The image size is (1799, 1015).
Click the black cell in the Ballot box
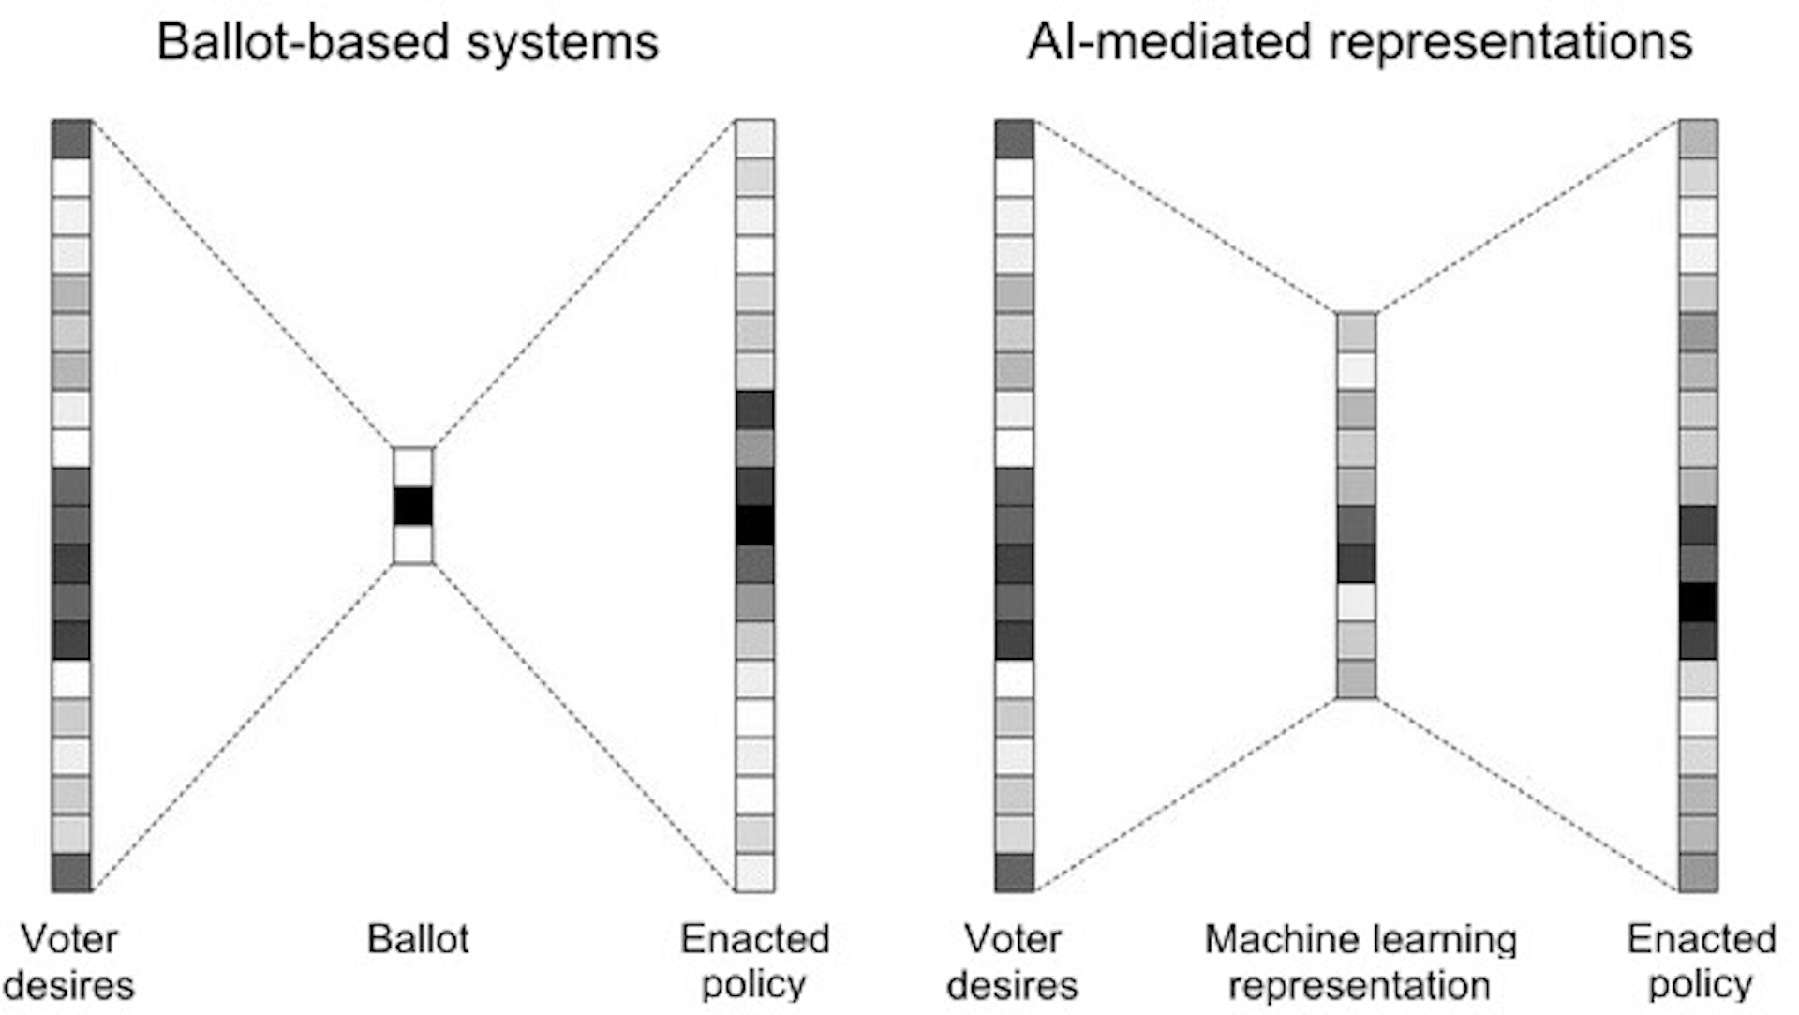click(413, 506)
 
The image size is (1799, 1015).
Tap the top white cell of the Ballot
click(413, 467)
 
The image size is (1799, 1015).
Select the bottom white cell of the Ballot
click(413, 545)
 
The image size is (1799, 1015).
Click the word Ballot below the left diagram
click(418, 939)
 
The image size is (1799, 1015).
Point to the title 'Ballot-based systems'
click(408, 42)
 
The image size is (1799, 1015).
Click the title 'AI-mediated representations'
click(1360, 42)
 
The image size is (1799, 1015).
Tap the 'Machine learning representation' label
click(1360, 963)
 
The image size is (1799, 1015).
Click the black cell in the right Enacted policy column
click(1698, 603)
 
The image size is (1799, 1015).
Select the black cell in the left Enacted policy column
click(754, 525)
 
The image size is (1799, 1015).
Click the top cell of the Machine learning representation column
click(1356, 333)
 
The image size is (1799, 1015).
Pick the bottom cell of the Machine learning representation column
click(1356, 679)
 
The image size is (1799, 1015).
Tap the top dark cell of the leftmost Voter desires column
click(71, 139)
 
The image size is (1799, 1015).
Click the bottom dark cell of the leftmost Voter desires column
click(71, 873)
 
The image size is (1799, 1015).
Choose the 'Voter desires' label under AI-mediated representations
click(1013, 963)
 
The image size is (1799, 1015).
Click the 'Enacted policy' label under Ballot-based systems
click(754, 963)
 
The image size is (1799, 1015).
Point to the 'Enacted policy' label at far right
click(1701, 963)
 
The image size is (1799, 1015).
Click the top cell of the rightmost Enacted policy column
click(1698, 139)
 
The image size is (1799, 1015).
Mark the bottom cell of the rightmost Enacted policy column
click(1698, 873)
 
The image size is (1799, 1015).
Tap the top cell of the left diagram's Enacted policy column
click(754, 139)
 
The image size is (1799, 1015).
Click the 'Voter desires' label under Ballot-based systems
click(69, 963)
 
